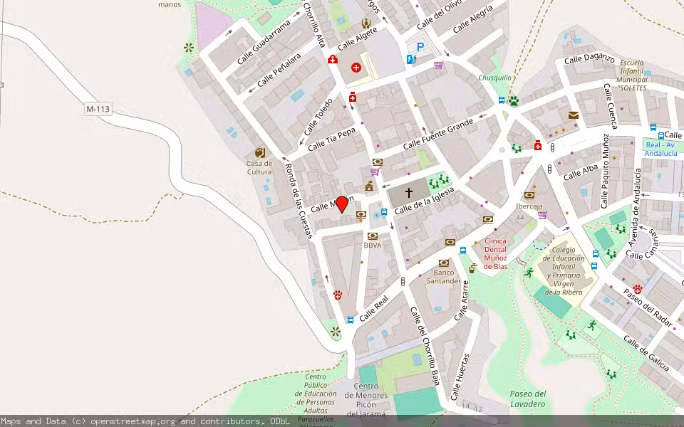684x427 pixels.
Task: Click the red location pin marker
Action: click(x=342, y=204)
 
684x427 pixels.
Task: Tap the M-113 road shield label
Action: click(x=98, y=109)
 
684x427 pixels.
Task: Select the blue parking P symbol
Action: click(x=420, y=47)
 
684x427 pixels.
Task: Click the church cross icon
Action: click(x=409, y=192)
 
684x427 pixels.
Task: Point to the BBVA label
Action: click(x=373, y=245)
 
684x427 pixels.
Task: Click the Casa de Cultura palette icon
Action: click(x=259, y=152)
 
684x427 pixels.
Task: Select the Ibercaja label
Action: click(x=529, y=206)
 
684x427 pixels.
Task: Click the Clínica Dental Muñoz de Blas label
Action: click(x=495, y=253)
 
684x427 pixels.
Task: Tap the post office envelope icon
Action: click(x=574, y=115)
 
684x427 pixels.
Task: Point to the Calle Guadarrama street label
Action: click(x=264, y=42)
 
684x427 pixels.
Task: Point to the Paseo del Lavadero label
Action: click(x=528, y=399)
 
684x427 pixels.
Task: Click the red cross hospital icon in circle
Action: click(x=356, y=68)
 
